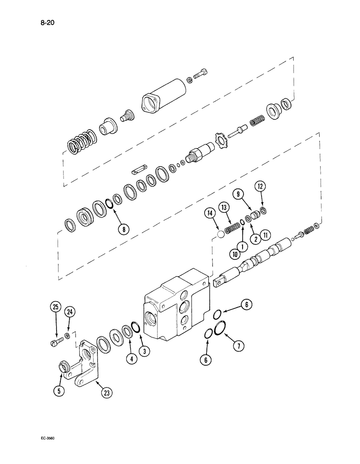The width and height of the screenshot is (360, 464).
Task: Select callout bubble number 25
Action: pyautogui.click(x=55, y=308)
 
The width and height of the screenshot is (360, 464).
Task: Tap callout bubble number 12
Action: pyautogui.click(x=261, y=187)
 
